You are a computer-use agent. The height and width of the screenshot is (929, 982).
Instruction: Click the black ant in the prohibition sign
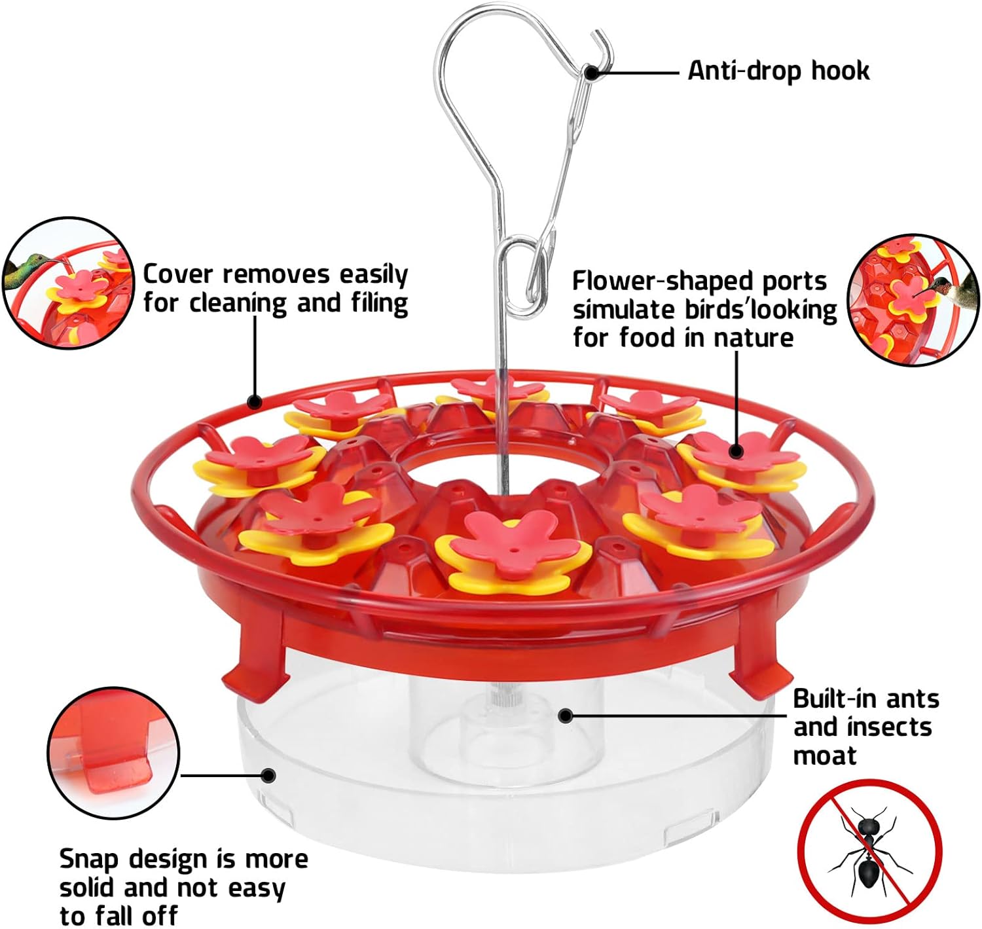tap(868, 851)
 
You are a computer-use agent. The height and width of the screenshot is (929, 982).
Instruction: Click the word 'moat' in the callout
tap(824, 756)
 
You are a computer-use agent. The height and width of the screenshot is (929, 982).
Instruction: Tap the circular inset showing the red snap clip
tap(113, 753)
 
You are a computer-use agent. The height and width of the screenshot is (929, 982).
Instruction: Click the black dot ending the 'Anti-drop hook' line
tap(591, 72)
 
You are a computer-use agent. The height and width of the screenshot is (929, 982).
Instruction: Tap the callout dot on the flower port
tap(736, 450)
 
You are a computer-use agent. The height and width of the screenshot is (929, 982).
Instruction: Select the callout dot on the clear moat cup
tap(566, 716)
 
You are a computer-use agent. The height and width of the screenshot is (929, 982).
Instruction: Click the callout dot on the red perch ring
tap(255, 401)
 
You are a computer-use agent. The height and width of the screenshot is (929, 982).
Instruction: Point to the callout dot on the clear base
tap(267, 776)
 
